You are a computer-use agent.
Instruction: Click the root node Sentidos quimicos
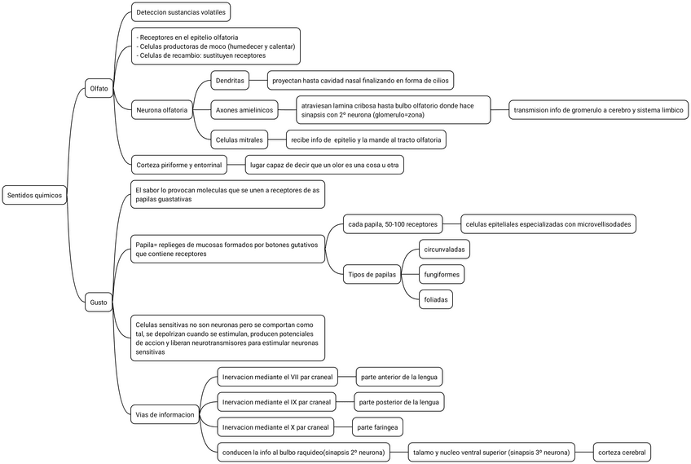[33, 195]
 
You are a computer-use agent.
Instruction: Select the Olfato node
[99, 88]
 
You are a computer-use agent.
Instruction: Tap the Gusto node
[99, 303]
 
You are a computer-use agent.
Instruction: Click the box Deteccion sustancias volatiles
[181, 13]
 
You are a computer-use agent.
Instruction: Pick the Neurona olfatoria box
[162, 108]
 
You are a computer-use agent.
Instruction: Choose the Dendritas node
[231, 80]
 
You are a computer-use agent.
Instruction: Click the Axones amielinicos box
[244, 108]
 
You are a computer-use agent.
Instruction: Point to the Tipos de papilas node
[371, 275]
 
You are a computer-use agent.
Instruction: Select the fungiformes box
[441, 275]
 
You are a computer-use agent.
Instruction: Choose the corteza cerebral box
[622, 452]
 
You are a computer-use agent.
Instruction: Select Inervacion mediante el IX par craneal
[276, 402]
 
